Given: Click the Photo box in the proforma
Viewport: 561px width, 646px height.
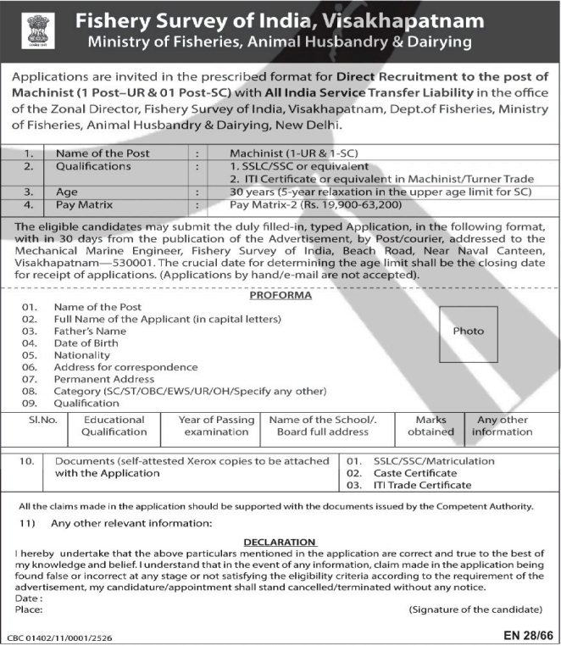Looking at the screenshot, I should coord(468,331).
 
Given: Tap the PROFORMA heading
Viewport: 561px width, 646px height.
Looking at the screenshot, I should coord(280,295).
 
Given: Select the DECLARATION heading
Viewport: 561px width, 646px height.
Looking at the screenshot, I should coord(280,542).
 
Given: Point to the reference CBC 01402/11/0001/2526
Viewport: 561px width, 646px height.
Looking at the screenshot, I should coord(59,635).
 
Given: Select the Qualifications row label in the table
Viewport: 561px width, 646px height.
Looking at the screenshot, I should coord(93,166).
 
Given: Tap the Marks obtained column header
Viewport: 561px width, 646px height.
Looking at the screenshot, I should coord(430,426).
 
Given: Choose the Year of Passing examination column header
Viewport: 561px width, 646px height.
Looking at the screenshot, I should coord(216,426).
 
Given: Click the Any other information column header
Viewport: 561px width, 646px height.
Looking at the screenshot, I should coord(502,426).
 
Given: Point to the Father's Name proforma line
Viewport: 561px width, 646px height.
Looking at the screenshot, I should coord(89,331).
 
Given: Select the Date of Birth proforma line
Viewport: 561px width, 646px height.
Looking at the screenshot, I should coord(86,342).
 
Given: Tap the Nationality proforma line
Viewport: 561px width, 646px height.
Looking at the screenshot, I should coord(81,355).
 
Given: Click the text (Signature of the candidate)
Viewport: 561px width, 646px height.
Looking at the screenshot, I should coord(475,610).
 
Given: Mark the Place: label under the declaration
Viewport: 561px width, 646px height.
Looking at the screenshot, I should coord(30,610).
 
